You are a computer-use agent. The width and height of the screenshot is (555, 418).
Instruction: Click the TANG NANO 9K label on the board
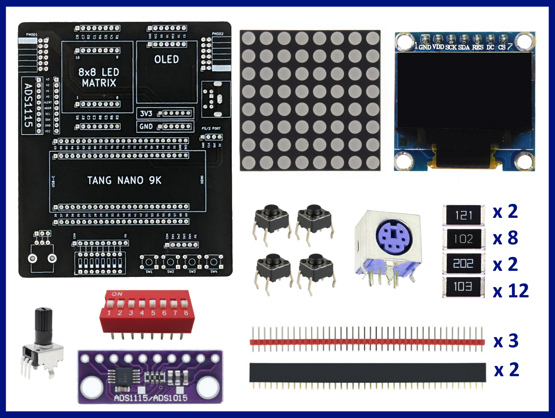coord(124,180)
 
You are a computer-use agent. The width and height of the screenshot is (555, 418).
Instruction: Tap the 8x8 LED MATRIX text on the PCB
coord(98,77)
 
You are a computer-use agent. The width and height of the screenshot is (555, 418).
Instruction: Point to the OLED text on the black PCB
coord(166,60)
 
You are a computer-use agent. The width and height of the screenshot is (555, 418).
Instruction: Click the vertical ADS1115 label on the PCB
coord(29,105)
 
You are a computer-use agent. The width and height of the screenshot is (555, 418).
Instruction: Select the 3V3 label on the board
coord(146,114)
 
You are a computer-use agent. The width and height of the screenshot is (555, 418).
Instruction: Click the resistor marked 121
coord(464,215)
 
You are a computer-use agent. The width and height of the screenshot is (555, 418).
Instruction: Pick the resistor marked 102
coord(464,239)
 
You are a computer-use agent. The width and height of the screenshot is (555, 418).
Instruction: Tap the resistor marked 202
coord(464,263)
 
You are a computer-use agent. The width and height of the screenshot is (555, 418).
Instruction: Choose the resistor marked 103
coord(464,287)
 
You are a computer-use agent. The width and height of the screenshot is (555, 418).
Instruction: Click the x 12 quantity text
coord(511,291)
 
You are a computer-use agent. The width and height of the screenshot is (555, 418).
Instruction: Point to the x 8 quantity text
coord(505,238)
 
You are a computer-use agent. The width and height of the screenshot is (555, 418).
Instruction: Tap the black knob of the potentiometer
coord(43,321)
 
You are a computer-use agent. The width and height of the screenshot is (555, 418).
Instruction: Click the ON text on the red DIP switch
coord(117,294)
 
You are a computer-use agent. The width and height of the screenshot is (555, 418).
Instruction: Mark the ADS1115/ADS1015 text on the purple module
coord(151,398)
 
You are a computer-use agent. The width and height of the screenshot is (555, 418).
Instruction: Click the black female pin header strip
coord(367,372)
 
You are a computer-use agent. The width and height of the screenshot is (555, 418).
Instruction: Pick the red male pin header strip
coord(367,341)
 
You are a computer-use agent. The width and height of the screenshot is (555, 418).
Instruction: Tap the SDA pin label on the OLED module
coord(464,47)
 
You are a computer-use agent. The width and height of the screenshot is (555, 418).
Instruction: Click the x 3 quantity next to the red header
coord(506,341)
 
